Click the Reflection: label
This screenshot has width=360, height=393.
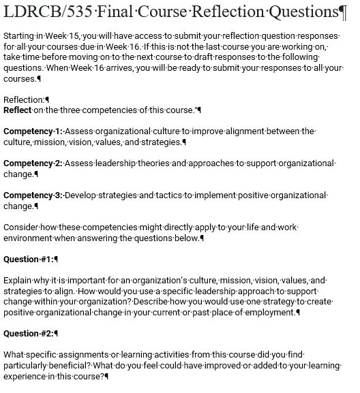click(x=25, y=99)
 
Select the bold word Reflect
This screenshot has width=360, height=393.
click(x=18, y=110)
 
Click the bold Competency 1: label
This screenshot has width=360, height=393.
click(x=33, y=131)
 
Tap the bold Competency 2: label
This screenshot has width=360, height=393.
click(x=33, y=163)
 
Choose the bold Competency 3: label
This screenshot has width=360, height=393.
click(x=33, y=195)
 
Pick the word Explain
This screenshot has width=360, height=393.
click(x=19, y=281)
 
